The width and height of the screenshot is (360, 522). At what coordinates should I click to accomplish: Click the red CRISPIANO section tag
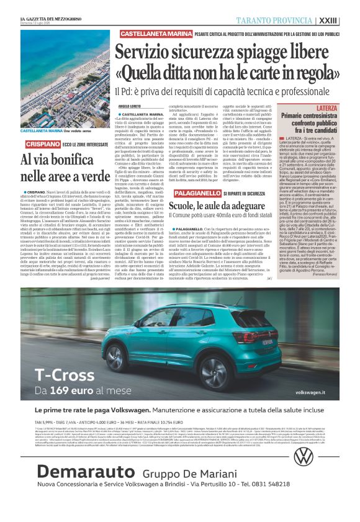24,143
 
